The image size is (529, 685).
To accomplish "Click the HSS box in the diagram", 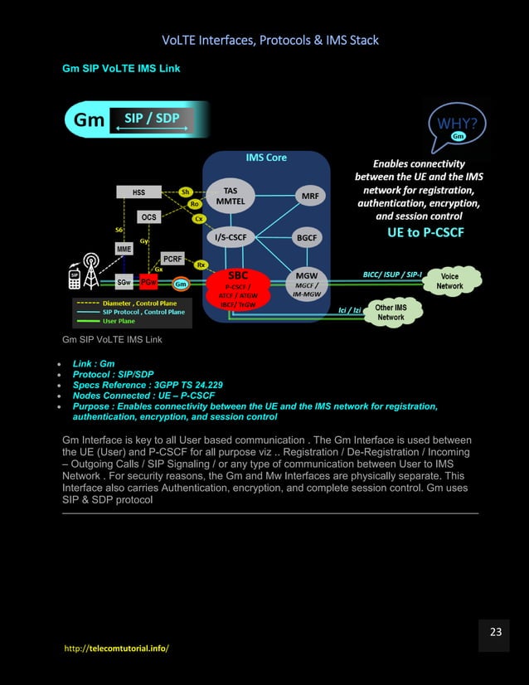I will [138, 192].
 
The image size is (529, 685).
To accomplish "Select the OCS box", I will [148, 216].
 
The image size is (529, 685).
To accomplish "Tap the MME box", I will [124, 249].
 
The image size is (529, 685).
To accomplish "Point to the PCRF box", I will [172, 259].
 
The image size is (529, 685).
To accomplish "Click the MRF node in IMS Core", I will [308, 196].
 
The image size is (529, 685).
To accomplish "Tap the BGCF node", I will [308, 237].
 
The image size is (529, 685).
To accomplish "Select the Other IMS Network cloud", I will [391, 312].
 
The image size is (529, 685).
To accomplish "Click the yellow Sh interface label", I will [187, 192].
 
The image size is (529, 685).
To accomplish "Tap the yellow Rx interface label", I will [201, 264].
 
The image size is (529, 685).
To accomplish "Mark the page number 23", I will [496, 632].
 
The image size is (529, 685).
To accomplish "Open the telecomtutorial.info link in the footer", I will [116, 647].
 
